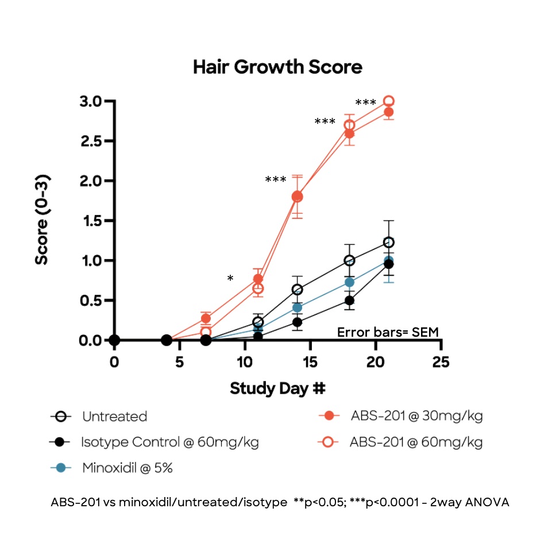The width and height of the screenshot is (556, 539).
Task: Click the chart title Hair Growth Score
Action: coord(277,67)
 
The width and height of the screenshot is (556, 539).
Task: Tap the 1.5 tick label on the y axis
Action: coord(91,221)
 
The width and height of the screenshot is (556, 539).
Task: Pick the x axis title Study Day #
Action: coord(278,388)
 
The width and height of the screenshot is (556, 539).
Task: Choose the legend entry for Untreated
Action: coord(114,417)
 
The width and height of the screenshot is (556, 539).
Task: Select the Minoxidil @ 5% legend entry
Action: coord(127,468)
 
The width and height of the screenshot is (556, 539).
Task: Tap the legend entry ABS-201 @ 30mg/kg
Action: coord(416,416)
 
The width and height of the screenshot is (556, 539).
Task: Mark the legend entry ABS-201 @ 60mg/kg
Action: coord(416,442)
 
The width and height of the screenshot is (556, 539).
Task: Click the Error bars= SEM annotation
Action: coord(388,332)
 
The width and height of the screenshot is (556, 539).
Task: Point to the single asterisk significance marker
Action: coord(230,279)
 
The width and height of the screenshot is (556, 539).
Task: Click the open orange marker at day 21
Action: coord(388,101)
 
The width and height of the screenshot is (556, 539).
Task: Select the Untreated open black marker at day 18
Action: coord(349,260)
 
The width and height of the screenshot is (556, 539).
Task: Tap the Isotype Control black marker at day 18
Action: coord(349,300)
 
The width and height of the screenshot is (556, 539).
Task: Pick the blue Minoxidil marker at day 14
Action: coord(297,307)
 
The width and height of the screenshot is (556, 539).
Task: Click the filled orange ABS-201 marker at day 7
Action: coord(206,318)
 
